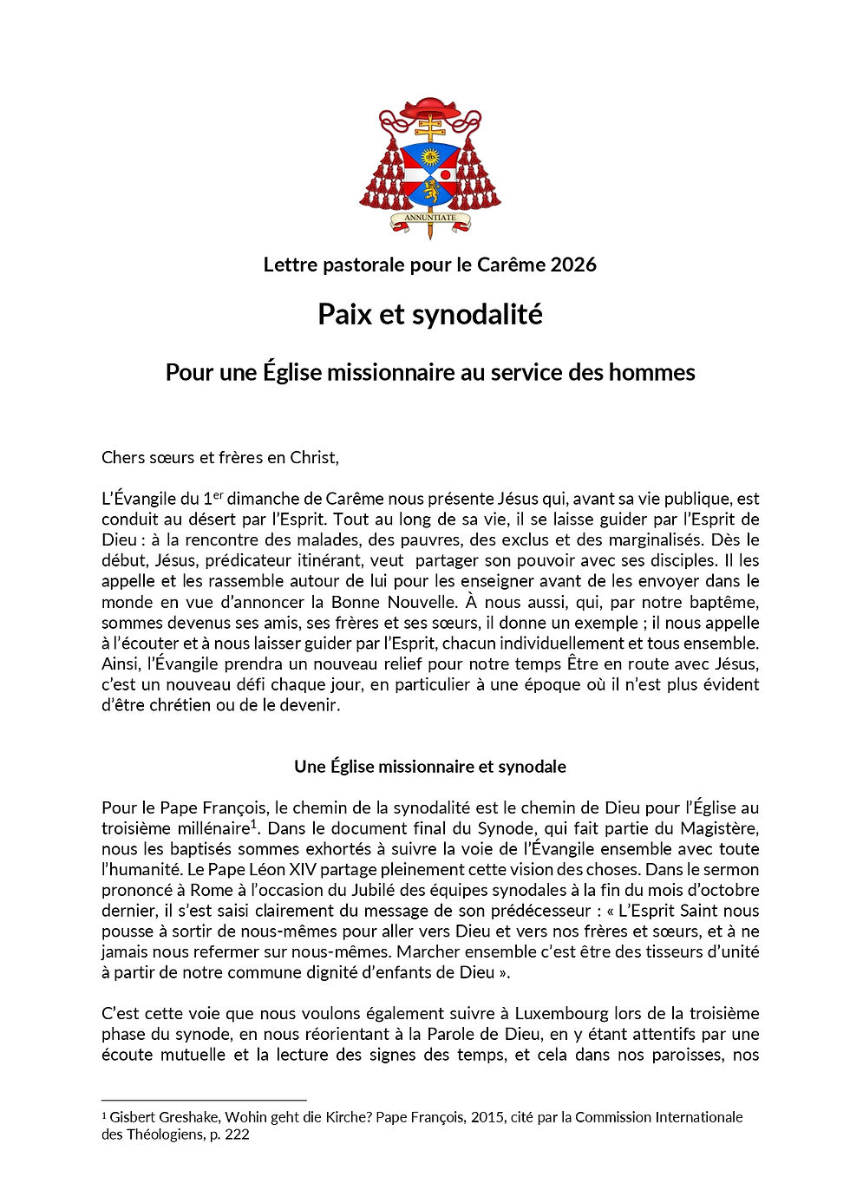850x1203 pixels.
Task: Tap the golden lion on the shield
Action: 431,190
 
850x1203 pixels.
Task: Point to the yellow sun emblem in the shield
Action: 430,157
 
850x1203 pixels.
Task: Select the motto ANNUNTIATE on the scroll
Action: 430,218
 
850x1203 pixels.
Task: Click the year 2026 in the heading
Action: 573,265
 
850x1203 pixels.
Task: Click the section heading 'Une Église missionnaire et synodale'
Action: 430,767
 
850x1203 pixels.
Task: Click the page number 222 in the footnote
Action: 237,1134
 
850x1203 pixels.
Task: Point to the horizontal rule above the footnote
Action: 204,1101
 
